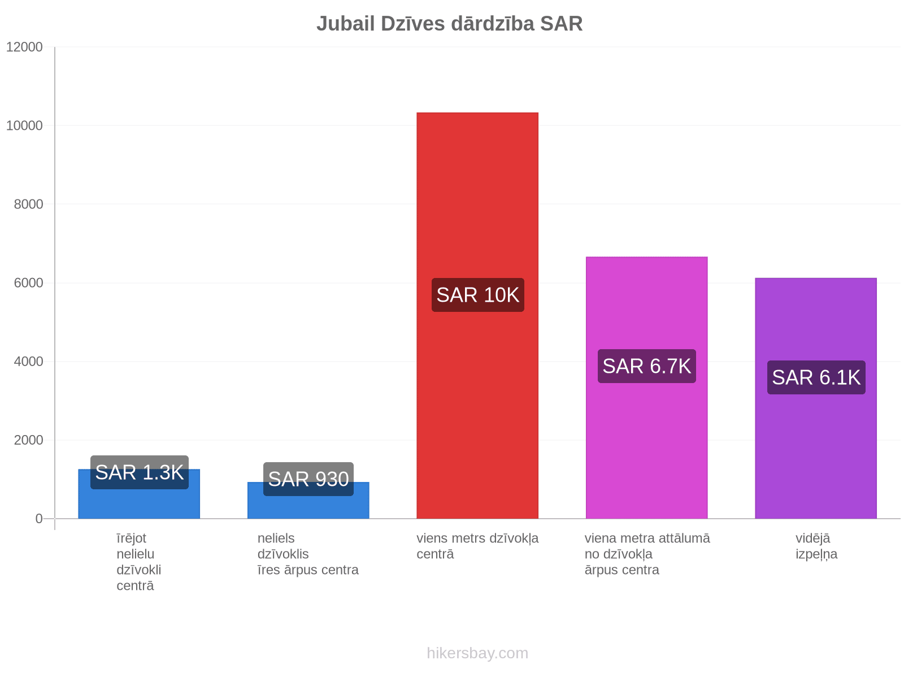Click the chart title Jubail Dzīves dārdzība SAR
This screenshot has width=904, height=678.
[449, 24]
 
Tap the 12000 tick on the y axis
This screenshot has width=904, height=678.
[25, 47]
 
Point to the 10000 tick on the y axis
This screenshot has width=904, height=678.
[25, 126]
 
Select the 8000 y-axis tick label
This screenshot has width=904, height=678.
[29, 205]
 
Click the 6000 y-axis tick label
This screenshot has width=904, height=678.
[29, 283]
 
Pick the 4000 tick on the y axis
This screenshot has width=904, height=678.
[29, 362]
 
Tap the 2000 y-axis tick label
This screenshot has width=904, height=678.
[29, 440]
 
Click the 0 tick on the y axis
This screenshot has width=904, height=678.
[39, 519]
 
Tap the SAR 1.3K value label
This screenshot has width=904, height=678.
[140, 472]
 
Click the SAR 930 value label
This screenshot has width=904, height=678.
[308, 479]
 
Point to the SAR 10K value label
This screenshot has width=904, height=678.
[478, 295]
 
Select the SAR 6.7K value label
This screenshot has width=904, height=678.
[647, 366]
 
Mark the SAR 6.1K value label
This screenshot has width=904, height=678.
[816, 377]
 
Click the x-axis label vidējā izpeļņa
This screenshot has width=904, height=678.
[816, 546]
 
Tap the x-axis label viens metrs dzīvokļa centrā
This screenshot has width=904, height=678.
[477, 546]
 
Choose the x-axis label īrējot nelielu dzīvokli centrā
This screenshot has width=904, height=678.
[138, 562]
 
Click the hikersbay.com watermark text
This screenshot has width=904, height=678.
[477, 653]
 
